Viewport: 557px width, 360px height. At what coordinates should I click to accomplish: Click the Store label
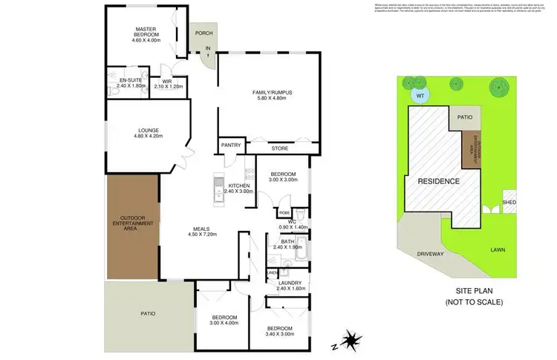(x=279, y=148)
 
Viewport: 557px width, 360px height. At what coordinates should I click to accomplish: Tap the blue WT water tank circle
(x=420, y=95)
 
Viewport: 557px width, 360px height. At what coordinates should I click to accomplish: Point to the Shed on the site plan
(x=509, y=202)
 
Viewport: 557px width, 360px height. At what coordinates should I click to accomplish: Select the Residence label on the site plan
(x=438, y=181)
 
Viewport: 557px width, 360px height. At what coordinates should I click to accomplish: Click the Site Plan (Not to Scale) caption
(x=474, y=298)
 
